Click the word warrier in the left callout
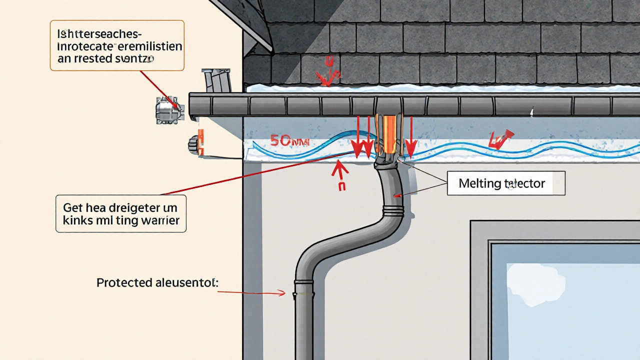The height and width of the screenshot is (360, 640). pos(160,220)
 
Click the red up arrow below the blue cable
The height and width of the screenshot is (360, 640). pos(340,172)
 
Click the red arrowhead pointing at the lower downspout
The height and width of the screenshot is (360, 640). pos(281,293)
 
